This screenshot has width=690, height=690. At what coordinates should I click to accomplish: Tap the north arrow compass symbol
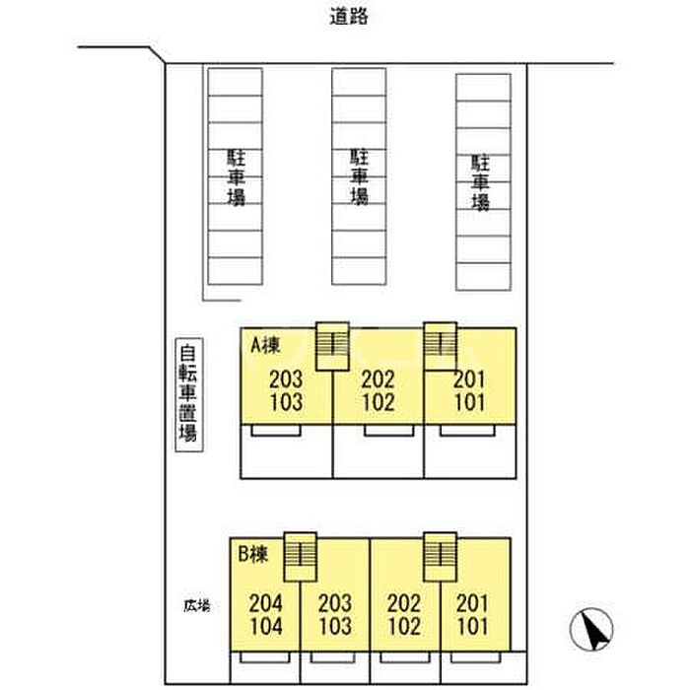[x=594, y=628]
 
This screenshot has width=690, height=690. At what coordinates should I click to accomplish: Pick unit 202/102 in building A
[x=379, y=391]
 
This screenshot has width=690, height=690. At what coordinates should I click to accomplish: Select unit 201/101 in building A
[x=470, y=391]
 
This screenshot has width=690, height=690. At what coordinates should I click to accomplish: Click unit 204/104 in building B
[x=266, y=614]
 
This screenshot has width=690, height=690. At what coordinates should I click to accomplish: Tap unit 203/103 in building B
[x=335, y=614]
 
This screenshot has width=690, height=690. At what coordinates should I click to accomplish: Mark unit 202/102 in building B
[x=404, y=614]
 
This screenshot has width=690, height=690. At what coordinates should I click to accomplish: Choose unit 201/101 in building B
[x=474, y=614]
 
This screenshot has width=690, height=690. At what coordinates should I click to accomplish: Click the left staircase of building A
[x=332, y=345]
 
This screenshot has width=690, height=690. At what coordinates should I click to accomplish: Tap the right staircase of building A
[x=439, y=345]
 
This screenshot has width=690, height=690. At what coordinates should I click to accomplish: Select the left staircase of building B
[x=298, y=557]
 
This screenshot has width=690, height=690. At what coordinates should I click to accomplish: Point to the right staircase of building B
[x=438, y=557]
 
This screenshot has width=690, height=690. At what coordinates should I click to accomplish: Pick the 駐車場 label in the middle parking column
[x=360, y=176]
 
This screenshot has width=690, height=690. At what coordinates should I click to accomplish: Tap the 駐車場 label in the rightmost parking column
[x=481, y=182]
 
